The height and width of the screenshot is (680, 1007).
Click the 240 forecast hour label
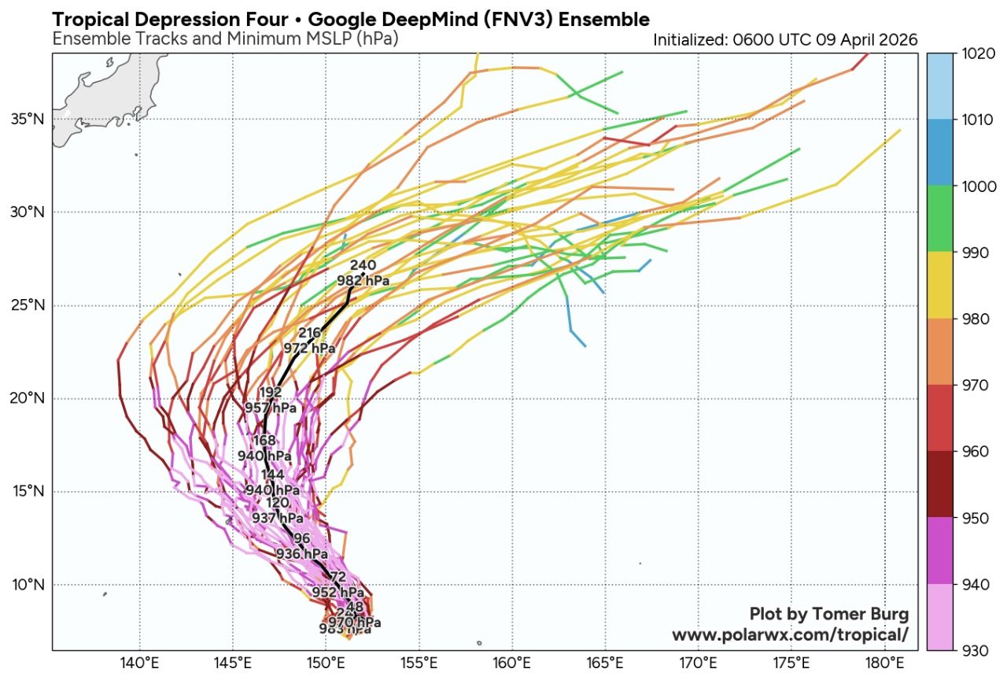pos(363,265)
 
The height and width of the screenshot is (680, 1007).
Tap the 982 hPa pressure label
pos(363,279)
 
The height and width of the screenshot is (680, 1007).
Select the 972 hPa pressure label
pos(309,348)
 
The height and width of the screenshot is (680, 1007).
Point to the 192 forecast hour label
pos(270,393)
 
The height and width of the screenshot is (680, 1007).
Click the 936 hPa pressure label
pos(301,553)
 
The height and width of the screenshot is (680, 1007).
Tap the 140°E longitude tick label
pos(140,662)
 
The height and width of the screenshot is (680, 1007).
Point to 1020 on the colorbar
pos(977,54)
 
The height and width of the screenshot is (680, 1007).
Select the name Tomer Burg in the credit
pos(863,614)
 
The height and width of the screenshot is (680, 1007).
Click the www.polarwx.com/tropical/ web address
pos(790,634)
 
